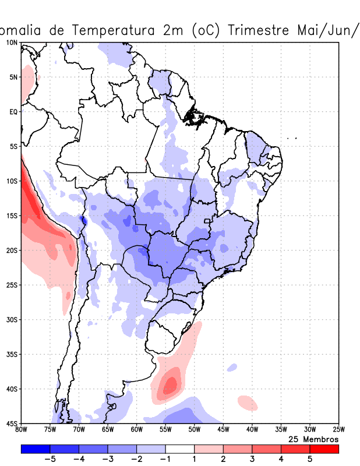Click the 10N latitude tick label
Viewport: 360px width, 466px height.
pos(11,43)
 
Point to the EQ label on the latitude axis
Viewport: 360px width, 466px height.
pos(13,111)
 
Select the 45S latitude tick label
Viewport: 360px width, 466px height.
pos(11,423)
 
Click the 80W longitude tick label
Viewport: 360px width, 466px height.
pos(21,430)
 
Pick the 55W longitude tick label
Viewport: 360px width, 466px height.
pos(165,430)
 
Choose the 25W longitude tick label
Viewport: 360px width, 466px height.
pos(338,430)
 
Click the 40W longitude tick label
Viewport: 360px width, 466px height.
pos(252,430)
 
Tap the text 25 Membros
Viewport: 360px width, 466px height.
pos(314,439)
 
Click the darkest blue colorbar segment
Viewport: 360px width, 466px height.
pos(35,449)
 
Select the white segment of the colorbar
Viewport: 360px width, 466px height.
pos(179,449)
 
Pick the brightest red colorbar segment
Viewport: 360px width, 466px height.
pos(324,449)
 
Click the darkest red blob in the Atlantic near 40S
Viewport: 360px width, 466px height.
pos(170,384)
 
